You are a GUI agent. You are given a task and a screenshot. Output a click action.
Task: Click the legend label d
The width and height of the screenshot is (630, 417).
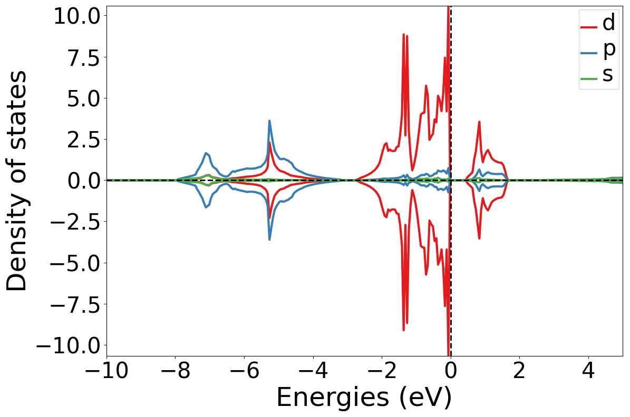pyautogui.click(x=608, y=22)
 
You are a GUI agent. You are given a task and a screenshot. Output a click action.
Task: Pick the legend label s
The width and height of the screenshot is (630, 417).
pyautogui.click(x=608, y=75)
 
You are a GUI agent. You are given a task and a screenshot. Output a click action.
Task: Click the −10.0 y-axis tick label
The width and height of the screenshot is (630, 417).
pyautogui.click(x=70, y=345)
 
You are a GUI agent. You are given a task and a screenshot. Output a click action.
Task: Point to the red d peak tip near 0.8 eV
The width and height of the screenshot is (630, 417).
pyautogui.click(x=479, y=122)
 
